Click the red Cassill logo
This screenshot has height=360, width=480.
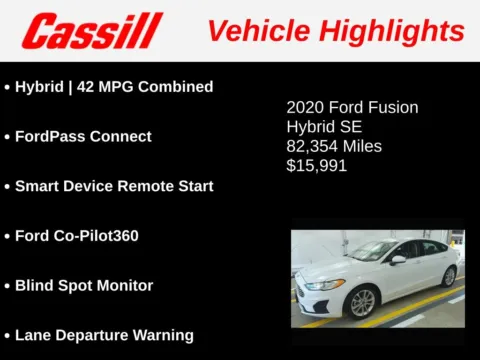(x=92, y=31)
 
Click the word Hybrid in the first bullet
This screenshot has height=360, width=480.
(x=38, y=87)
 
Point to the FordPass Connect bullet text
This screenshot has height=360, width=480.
(x=83, y=136)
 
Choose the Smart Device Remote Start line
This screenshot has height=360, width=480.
(x=114, y=186)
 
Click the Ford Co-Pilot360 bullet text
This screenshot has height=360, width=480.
(x=77, y=236)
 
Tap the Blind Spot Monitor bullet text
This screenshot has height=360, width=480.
(x=84, y=285)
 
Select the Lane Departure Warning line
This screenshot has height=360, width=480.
(x=104, y=335)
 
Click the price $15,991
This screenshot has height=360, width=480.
(x=316, y=165)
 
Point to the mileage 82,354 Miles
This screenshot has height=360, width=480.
(x=334, y=146)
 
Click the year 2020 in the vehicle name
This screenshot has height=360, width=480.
(x=305, y=107)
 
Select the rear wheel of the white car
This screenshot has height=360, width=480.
(x=449, y=275)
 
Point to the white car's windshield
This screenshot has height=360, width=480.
(x=375, y=251)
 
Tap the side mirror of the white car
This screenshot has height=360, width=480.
(x=398, y=260)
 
